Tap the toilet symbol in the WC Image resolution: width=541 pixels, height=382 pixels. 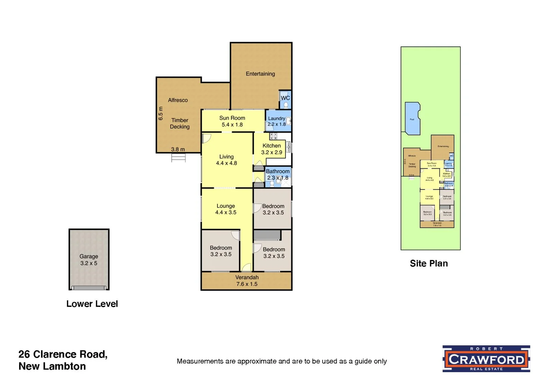tap(285, 105)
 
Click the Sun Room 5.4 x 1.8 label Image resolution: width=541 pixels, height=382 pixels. tap(232, 121)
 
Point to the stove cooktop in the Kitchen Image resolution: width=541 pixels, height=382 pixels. tap(273, 136)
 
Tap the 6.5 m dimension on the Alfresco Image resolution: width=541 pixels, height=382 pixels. tap(161, 114)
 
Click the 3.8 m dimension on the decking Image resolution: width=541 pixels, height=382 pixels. tap(178, 149)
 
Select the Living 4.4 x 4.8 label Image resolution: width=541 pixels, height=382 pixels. tap(226, 160)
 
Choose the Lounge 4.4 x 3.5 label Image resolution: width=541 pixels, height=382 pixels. tap(226, 209)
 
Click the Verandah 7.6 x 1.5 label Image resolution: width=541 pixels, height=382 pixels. tap(247, 281)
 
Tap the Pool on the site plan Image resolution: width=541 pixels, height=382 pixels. tap(412, 119)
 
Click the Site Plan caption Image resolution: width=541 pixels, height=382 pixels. tap(429, 264)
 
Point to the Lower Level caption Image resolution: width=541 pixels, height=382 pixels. tap(92, 304)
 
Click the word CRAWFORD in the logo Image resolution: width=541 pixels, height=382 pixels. tap(486, 359)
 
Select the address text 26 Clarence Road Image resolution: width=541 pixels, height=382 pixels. tap(63, 354)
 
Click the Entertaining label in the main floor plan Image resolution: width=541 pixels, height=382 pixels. tap(260, 74)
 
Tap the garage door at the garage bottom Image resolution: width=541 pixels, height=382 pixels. tap(89, 288)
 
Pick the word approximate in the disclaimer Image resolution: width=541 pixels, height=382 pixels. tap(257, 361)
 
